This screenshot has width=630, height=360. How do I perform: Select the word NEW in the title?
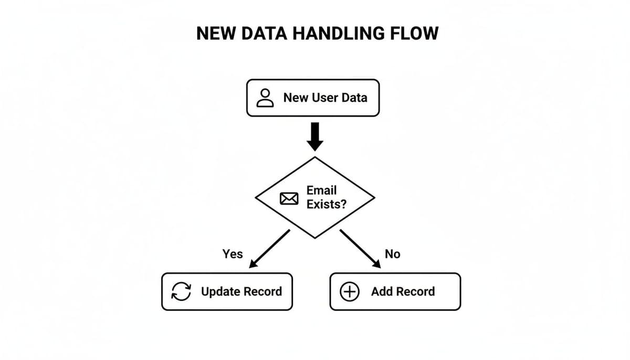pos(216,34)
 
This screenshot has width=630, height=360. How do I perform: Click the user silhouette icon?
pos(265,98)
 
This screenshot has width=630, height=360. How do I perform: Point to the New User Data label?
pos(325,98)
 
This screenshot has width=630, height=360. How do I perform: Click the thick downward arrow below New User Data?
pos(315,136)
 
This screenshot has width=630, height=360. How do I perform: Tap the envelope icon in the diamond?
pos(289,198)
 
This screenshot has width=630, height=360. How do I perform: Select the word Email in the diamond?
pos(321,190)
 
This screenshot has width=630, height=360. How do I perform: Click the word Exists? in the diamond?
pos(327,204)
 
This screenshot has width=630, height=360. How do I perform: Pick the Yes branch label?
pos(233,254)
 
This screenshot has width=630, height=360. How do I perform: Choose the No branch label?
pos(392,254)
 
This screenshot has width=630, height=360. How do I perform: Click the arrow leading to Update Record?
pos(269,249)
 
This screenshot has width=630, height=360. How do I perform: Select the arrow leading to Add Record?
pos(360,249)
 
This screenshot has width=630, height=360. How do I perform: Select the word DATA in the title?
pos(264,34)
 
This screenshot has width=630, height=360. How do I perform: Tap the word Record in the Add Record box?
pos(415,292)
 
